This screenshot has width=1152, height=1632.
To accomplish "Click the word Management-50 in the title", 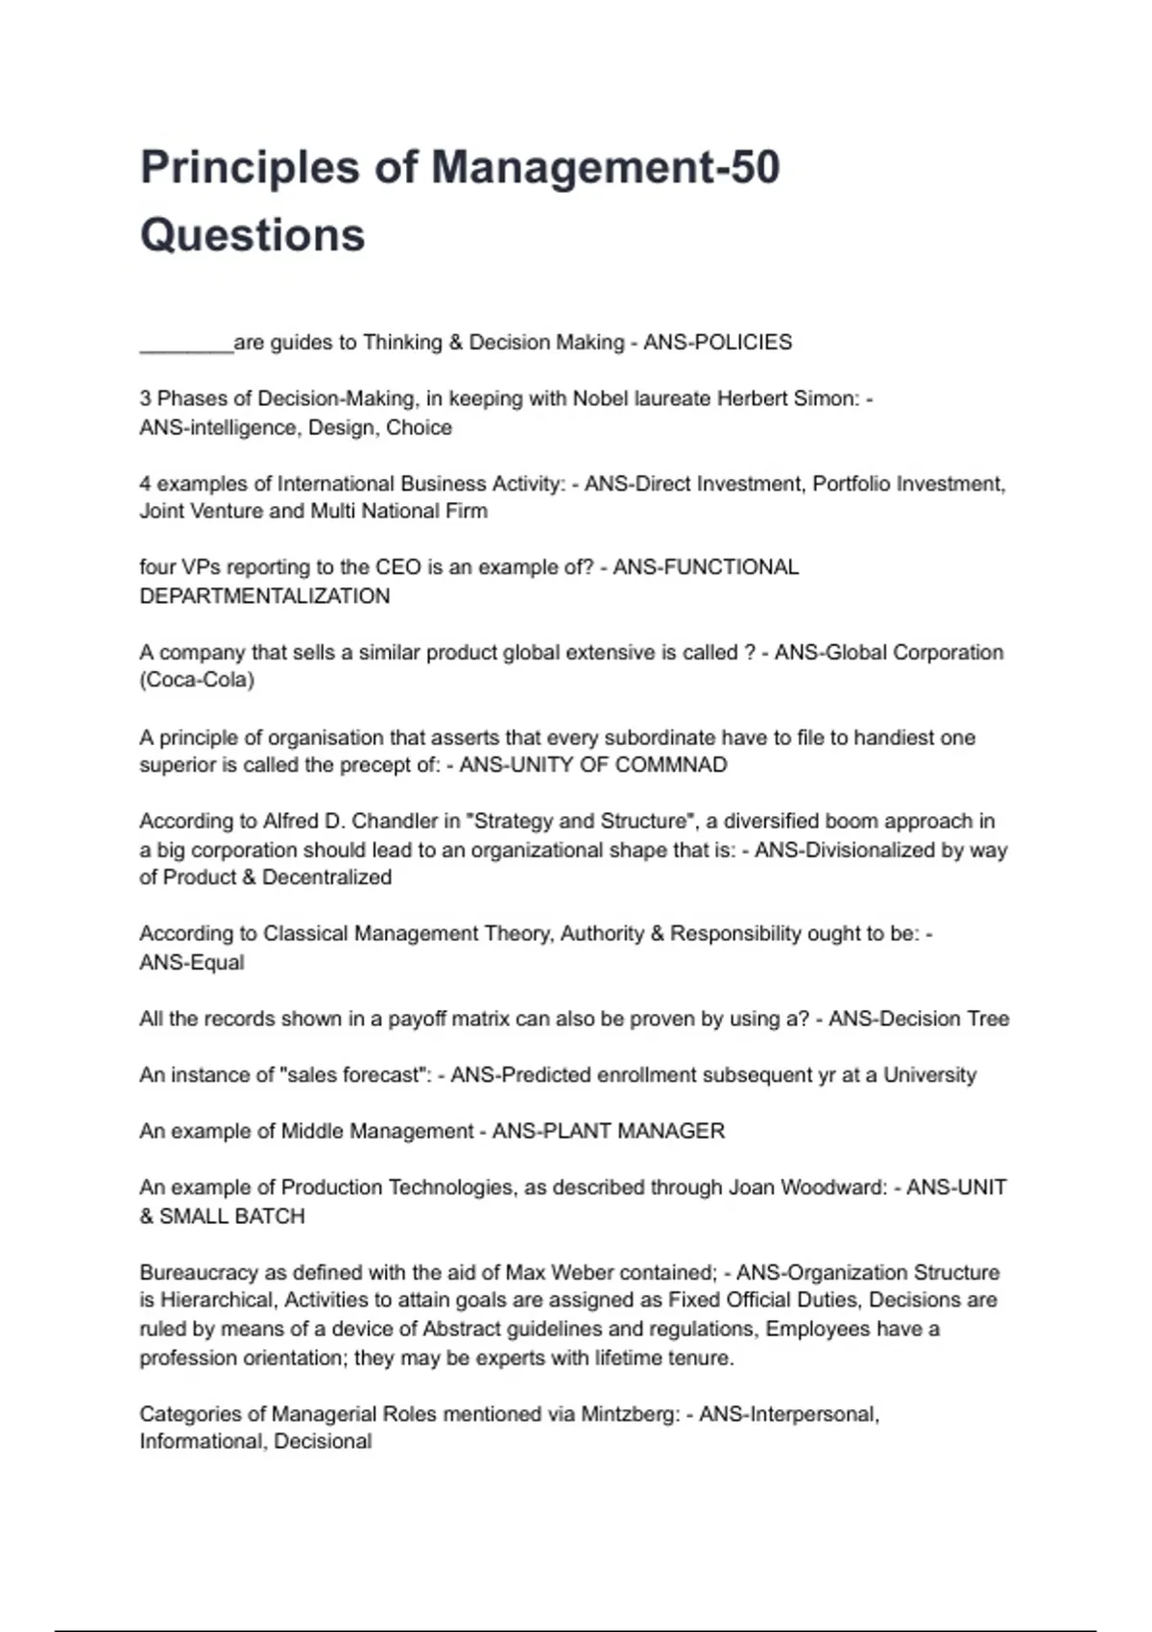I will tap(605, 167).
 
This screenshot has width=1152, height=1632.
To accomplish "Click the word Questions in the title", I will tap(252, 235).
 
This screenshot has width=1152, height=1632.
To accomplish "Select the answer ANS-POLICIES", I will tap(717, 343).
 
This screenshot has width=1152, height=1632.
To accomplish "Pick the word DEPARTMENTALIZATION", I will tap(265, 596).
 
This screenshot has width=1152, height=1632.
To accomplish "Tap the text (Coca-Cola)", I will tap(197, 681).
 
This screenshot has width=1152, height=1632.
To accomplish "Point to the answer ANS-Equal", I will tap(192, 963).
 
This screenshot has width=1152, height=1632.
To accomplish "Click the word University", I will tap(929, 1075).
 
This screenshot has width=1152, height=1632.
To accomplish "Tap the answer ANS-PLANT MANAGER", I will tap(609, 1131).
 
